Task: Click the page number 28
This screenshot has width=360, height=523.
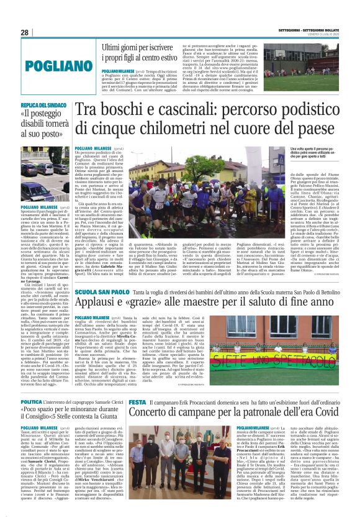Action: [25, 32]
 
